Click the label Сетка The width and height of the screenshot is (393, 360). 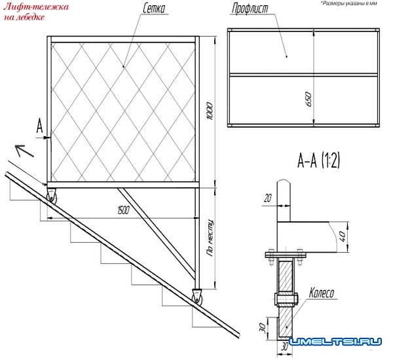[154, 9]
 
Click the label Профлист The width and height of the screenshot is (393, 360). [250, 9]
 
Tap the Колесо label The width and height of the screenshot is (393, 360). [322, 293]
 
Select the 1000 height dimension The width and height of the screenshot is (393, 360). [210, 111]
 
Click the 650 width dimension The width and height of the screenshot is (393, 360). [309, 99]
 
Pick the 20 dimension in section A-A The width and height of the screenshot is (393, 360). [268, 198]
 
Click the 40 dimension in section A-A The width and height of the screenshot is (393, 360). [343, 236]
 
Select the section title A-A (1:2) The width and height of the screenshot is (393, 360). [318, 160]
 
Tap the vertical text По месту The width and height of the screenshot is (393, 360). [210, 238]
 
